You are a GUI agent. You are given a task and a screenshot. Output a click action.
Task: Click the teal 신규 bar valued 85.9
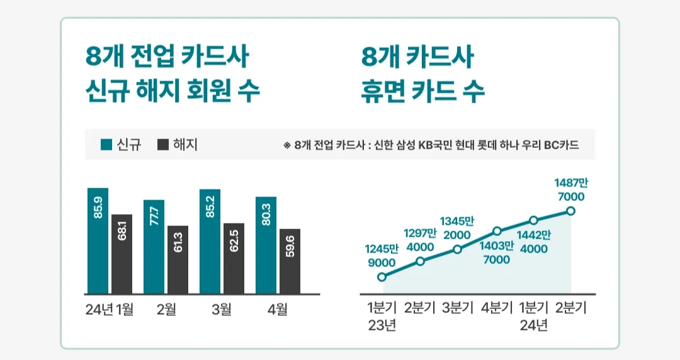point(98,240)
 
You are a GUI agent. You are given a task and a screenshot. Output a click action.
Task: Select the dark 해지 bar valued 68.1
point(122,254)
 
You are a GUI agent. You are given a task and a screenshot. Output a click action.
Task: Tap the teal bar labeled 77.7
point(154,246)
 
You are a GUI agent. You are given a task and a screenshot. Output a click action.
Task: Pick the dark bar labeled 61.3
point(178,259)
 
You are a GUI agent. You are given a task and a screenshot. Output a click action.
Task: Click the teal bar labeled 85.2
point(210,241)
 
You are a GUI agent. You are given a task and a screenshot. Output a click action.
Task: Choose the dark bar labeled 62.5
point(234,258)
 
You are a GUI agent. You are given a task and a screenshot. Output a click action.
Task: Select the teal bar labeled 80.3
point(266,245)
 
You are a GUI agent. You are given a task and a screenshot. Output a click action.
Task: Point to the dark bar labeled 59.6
point(290,261)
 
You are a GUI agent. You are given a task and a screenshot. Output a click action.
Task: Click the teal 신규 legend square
point(106,145)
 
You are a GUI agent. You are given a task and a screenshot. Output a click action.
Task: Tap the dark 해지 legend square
point(163,145)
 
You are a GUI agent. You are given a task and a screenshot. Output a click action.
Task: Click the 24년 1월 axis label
point(110,310)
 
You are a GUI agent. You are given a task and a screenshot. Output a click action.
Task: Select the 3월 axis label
point(222,310)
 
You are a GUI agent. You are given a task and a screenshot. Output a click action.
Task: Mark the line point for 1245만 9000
point(382,276)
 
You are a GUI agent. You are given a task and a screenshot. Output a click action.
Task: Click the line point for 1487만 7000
point(570,211)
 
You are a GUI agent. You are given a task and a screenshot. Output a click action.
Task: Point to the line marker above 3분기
point(458,249)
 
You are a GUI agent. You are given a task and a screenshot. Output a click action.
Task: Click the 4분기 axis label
point(496,308)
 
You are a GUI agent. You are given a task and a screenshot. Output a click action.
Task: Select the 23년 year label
point(382,326)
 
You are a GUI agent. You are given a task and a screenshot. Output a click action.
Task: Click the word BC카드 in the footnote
point(562,145)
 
